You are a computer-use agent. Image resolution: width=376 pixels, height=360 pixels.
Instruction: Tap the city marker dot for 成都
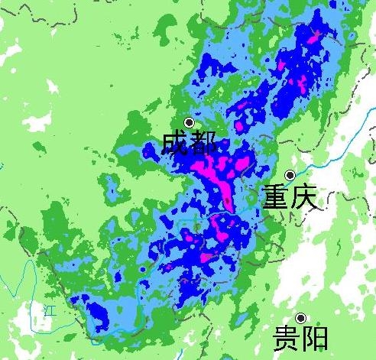point(190,122)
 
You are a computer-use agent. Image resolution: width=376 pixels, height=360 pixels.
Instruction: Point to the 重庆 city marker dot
point(290,176)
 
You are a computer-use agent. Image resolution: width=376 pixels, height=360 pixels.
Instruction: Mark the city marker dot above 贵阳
point(301,318)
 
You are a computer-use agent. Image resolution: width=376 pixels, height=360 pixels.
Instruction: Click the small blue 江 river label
point(50,310)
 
